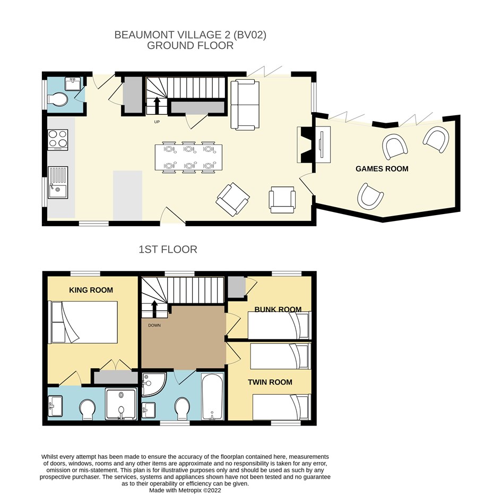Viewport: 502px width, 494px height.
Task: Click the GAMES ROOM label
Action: pos(382,168)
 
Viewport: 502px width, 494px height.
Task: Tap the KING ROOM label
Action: pos(91,290)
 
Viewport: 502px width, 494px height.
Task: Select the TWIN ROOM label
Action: pos(270,382)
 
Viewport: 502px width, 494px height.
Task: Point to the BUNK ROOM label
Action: pos(278,309)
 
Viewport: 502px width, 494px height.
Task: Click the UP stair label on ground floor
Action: pos(157,122)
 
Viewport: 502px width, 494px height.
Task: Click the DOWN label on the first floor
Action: pos(154,326)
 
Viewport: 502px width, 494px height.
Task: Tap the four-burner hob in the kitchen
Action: pos(58,140)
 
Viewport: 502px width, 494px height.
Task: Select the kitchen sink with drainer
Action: pos(58,182)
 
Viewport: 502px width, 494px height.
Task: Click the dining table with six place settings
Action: pos(188,157)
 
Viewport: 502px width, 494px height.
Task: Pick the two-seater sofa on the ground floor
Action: pos(245,105)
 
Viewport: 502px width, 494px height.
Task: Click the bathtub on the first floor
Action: pos(213,396)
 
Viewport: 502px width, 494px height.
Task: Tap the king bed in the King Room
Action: pos(83,322)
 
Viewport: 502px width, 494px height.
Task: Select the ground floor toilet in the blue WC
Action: pos(58,99)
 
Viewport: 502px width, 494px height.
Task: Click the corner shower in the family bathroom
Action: pos(154,384)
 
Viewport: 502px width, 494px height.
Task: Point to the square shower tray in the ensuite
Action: pos(122,404)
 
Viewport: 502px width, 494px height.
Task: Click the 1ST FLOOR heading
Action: pos(168,250)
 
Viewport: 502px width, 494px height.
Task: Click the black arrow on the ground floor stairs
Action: pos(157,105)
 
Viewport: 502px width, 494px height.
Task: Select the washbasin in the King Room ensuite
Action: pos(55,406)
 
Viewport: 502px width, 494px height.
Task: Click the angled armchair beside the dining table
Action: pos(233,199)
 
